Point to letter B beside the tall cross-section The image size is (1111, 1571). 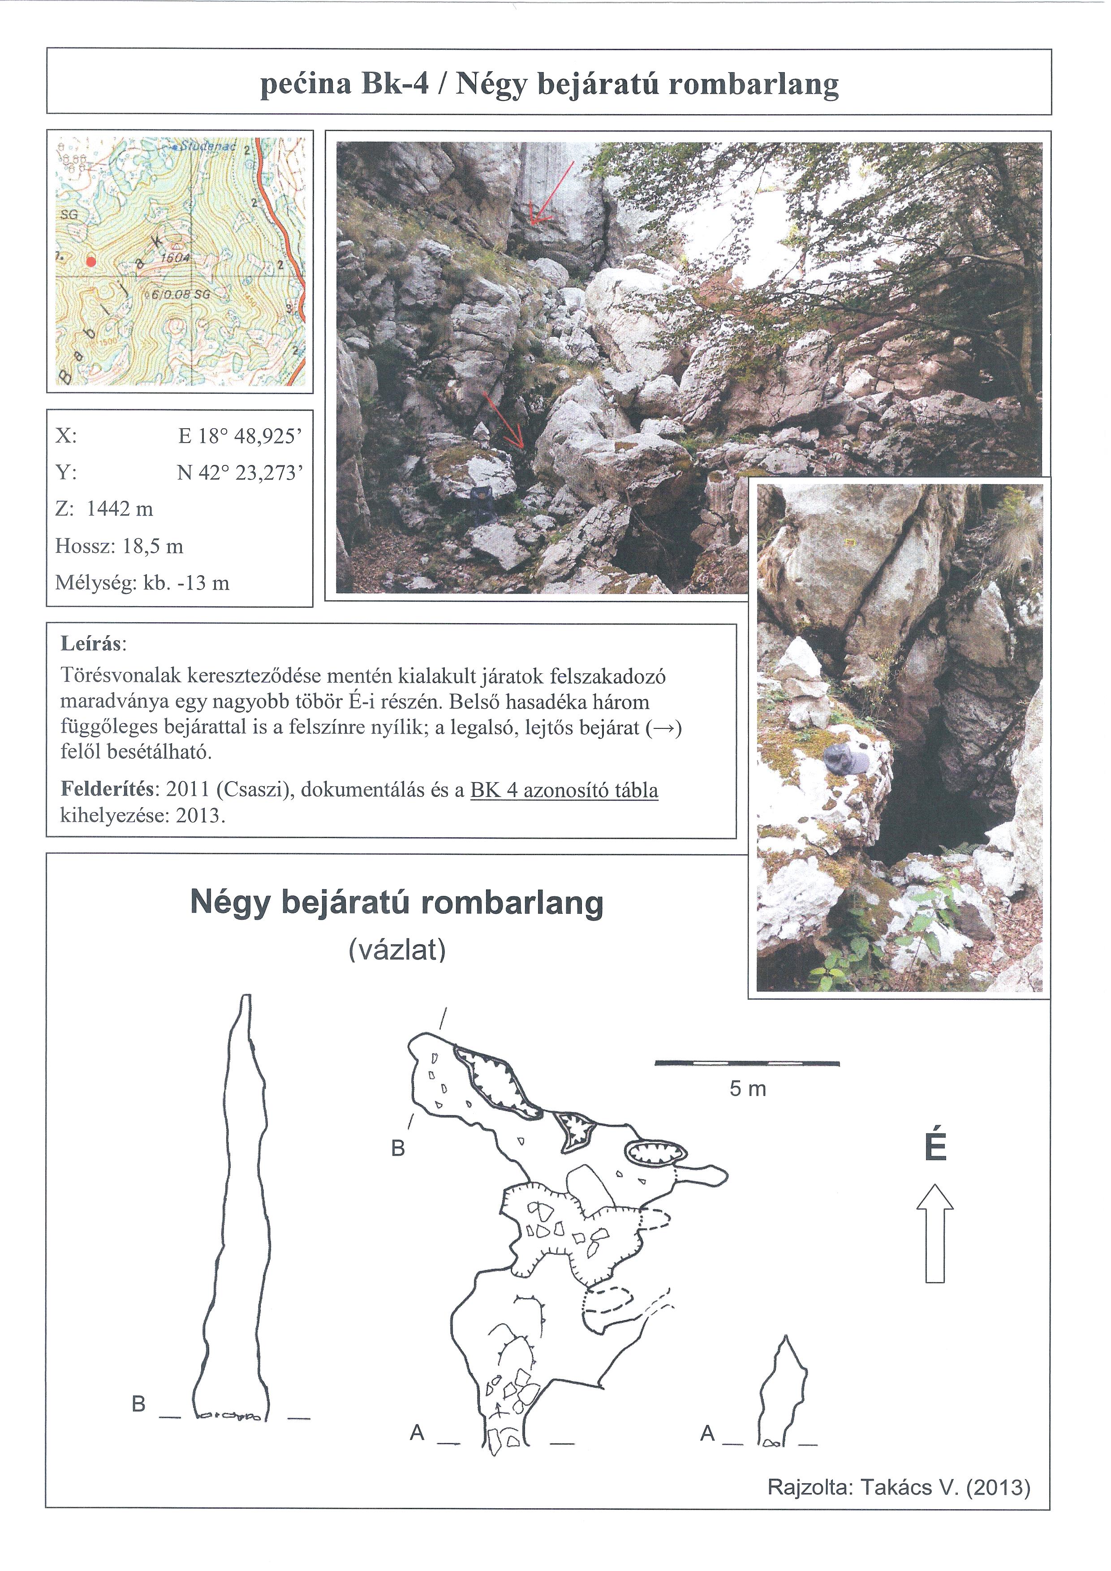(x=139, y=1405)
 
